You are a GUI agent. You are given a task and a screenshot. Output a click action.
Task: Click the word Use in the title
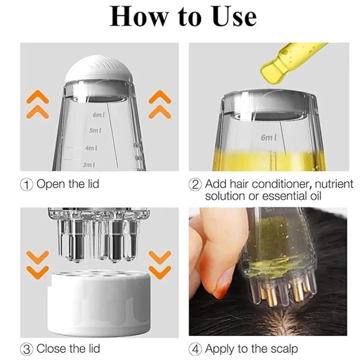point(234,17)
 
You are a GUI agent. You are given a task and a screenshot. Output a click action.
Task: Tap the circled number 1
point(26,185)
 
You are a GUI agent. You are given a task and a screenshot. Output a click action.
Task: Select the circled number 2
point(195,185)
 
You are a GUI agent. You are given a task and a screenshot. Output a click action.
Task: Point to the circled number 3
point(26,349)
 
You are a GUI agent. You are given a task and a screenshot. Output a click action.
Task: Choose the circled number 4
point(195,349)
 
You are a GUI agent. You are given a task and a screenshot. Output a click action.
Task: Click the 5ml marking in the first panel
point(95,131)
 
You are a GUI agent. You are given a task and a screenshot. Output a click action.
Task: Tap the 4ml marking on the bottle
point(91,148)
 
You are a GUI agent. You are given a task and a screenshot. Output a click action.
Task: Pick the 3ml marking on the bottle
point(89,165)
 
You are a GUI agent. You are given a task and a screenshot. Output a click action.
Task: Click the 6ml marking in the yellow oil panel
point(269,137)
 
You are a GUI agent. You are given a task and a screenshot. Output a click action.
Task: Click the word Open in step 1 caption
point(50,185)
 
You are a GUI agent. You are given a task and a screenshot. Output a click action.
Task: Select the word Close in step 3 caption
point(51,349)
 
